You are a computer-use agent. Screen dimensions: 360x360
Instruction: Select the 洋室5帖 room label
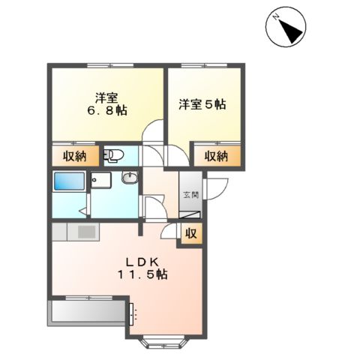201,104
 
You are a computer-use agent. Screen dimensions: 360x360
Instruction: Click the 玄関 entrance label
190,195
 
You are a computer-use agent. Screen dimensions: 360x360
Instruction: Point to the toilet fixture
114,156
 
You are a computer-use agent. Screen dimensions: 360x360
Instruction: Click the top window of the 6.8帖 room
107,66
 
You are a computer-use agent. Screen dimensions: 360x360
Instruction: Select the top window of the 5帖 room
205,66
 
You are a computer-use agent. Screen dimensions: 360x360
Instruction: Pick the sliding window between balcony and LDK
132,313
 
